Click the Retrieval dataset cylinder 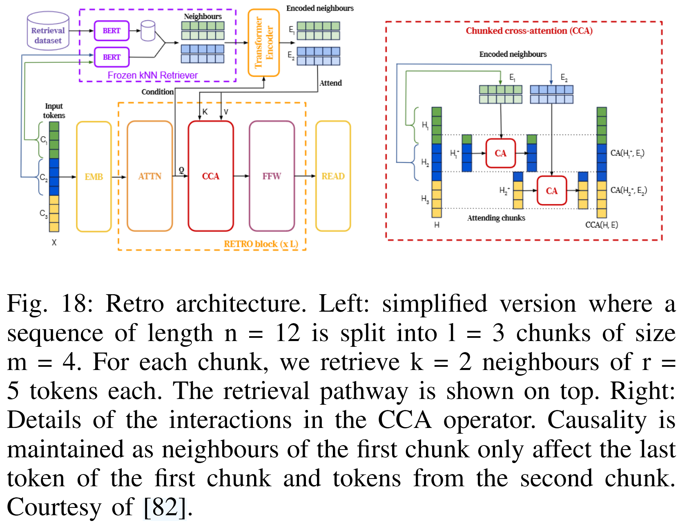pos(48,31)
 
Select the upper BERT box pos(112,31)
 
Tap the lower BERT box pos(112,57)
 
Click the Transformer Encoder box pos(263,42)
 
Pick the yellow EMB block pos(94,177)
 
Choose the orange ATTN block pos(149,176)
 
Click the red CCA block pos(210,176)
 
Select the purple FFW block pos(272,176)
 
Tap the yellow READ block pos(333,176)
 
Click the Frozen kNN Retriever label pos(152,75)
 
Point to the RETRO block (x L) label pos(261,244)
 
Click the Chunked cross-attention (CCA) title pos(529,31)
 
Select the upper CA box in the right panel pos(500,153)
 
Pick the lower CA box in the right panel pos(551,191)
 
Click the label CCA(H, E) pos(601,225)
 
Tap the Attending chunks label pos(496,218)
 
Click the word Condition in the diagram pos(157,92)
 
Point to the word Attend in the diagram pos(330,83)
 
